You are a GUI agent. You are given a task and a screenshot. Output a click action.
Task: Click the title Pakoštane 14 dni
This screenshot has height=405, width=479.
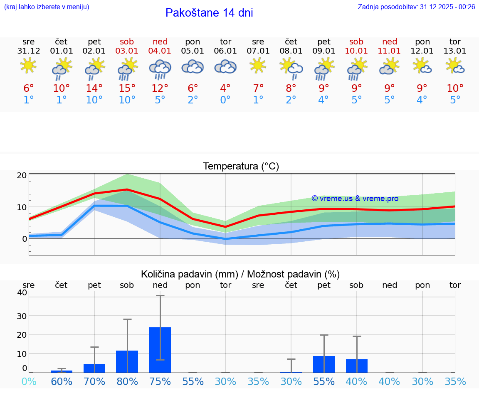209,13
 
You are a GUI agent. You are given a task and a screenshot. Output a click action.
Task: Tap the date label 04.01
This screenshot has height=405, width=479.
160,51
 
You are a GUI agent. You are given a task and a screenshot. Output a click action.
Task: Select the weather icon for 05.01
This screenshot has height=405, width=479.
193,67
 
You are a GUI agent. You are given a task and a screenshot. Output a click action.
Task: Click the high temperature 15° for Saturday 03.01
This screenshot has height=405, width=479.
127,88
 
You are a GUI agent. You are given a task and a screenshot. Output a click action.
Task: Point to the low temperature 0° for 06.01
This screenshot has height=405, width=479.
225,100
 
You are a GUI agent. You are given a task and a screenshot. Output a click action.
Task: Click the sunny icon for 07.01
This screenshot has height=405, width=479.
258,65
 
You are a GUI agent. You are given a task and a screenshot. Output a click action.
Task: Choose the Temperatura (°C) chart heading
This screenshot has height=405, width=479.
241,166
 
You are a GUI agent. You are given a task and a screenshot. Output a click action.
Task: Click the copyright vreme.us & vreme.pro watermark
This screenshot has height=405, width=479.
355,199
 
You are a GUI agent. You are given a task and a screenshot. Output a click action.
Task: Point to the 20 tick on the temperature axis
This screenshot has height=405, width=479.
22,175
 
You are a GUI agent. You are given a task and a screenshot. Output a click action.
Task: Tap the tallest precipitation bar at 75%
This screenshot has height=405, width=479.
160,350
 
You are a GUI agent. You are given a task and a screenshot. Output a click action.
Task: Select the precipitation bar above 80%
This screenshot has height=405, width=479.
127,361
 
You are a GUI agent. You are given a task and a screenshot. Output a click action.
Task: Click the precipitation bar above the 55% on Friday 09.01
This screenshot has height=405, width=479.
324,364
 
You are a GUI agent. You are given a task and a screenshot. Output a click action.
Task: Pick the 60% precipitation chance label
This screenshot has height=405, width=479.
62,381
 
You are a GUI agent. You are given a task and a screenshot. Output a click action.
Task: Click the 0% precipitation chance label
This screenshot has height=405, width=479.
29,381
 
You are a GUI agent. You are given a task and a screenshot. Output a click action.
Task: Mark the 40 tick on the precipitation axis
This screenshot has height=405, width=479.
22,292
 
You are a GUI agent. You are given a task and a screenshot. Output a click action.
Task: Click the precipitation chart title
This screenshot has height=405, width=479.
240,274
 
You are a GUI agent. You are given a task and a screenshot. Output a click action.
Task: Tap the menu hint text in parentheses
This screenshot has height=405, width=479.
47,7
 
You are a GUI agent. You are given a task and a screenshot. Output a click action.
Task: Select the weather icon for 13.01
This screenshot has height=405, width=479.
455,66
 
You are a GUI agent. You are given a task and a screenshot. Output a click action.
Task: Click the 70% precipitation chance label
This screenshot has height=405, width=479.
94,381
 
